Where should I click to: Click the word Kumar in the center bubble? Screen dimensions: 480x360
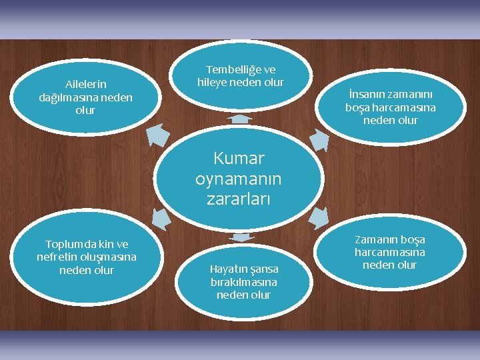click(239, 159)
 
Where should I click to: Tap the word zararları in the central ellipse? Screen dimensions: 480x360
click(239, 199)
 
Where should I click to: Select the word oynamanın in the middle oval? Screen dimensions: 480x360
click(239, 179)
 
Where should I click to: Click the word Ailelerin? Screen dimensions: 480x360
click(85, 84)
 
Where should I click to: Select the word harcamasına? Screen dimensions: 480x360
click(403, 107)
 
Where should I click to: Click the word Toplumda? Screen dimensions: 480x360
click(69, 244)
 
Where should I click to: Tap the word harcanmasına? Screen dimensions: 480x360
click(389, 252)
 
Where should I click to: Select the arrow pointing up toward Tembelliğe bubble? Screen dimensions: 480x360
click(239, 119)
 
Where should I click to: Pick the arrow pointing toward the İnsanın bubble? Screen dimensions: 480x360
click(320, 138)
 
